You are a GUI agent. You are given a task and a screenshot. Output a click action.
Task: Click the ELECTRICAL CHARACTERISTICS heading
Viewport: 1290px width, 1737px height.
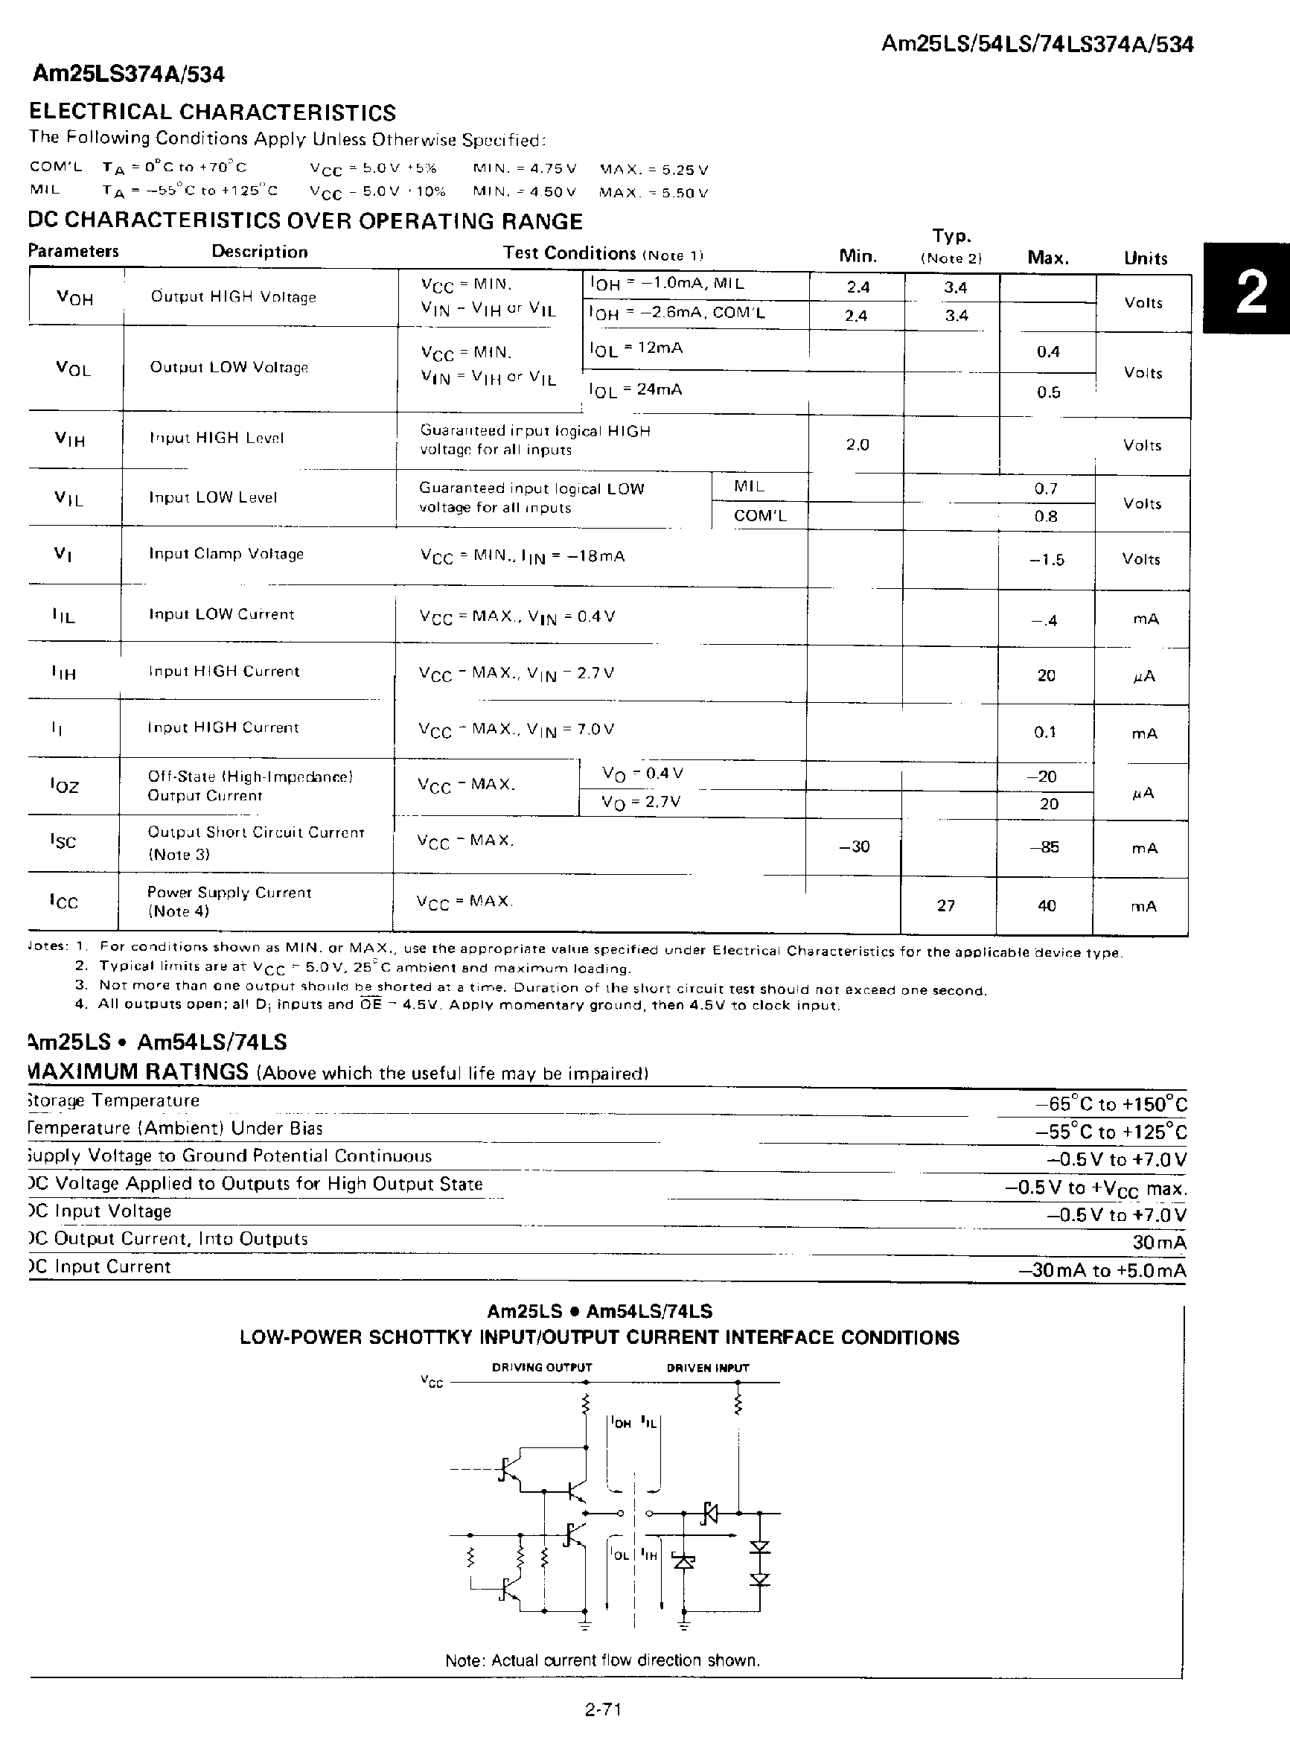coord(212,112)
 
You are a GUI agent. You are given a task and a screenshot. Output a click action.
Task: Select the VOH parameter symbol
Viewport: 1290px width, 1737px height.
coord(74,298)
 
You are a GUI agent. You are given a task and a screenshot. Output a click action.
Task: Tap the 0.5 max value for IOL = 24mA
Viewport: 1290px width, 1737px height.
coord(1048,392)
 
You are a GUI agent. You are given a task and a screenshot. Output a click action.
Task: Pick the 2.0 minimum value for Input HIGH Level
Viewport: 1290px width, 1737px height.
coord(857,444)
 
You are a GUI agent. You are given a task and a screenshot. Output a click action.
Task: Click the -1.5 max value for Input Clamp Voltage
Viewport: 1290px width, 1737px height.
coord(1047,560)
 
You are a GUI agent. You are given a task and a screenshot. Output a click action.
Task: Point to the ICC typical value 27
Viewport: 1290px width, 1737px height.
coord(945,905)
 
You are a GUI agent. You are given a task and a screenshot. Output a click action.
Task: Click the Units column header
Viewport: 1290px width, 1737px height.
coord(1146,258)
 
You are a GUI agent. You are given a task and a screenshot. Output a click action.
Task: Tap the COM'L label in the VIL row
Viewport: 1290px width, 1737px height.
coord(759,515)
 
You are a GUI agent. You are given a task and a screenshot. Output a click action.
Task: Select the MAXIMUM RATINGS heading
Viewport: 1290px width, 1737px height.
coord(138,1071)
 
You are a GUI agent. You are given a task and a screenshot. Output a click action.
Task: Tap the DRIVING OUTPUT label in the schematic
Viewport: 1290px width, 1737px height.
coord(541,1368)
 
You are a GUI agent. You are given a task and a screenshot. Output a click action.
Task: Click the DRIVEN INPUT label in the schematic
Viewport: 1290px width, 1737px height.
coord(707,1368)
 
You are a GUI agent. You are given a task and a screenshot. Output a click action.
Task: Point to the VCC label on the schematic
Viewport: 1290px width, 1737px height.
coord(432,1382)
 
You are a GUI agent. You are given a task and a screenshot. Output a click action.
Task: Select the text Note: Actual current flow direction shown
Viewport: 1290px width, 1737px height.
coord(602,1660)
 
